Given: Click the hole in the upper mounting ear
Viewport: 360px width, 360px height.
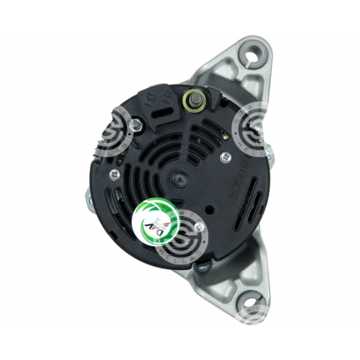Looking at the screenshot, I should click(x=253, y=56).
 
